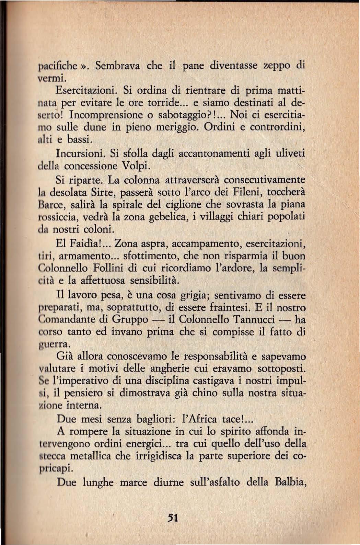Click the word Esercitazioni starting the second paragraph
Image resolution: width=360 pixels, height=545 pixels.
[x=87, y=91]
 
